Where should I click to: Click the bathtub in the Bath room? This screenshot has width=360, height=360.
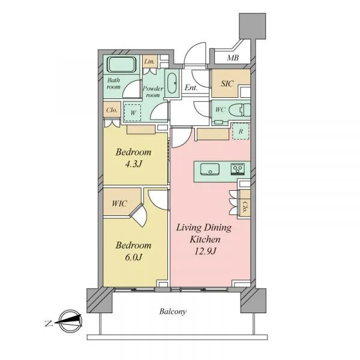pyautogui.click(x=122, y=65)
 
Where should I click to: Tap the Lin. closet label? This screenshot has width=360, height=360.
pyautogui.click(x=149, y=62)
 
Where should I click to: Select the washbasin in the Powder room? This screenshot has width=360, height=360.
pyautogui.click(x=172, y=83)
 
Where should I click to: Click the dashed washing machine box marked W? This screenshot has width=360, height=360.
pyautogui.click(x=133, y=113)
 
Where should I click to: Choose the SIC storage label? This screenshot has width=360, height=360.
pyautogui.click(x=227, y=83)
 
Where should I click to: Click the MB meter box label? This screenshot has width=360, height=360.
pyautogui.click(x=233, y=58)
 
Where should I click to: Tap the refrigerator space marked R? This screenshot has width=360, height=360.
pyautogui.click(x=241, y=131)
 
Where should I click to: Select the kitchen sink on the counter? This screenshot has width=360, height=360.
pyautogui.click(x=209, y=169)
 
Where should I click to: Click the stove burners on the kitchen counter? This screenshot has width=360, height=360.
pyautogui.click(x=238, y=169)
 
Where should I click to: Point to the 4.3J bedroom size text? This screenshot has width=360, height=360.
pyautogui.click(x=134, y=164)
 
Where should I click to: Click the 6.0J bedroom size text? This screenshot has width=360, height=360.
pyautogui.click(x=134, y=257)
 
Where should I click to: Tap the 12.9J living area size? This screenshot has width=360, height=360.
pyautogui.click(x=205, y=251)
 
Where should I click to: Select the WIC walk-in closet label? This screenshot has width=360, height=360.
pyautogui.click(x=119, y=203)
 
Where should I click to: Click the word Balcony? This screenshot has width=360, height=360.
pyautogui.click(x=173, y=311)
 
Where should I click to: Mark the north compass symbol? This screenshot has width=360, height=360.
pyautogui.click(x=70, y=321)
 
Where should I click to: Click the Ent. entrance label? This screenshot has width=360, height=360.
pyautogui.click(x=191, y=88)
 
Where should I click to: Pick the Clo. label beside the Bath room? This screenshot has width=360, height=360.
pyautogui.click(x=112, y=110)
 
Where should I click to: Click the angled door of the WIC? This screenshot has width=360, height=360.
pyautogui.click(x=139, y=215)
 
